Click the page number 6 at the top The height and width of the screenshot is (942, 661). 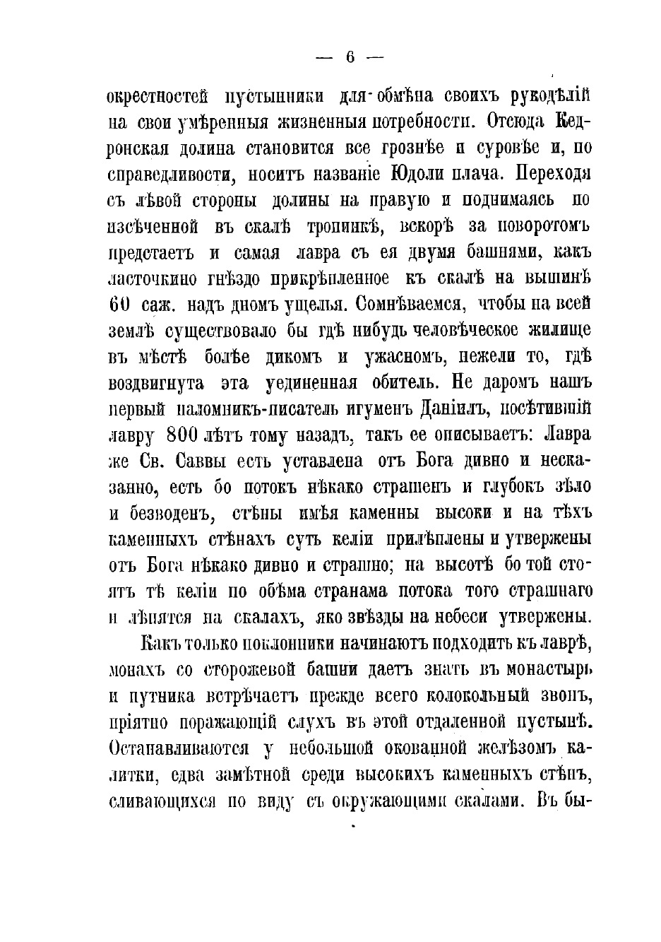click(x=349, y=59)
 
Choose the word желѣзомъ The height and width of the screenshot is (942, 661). click(x=512, y=748)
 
